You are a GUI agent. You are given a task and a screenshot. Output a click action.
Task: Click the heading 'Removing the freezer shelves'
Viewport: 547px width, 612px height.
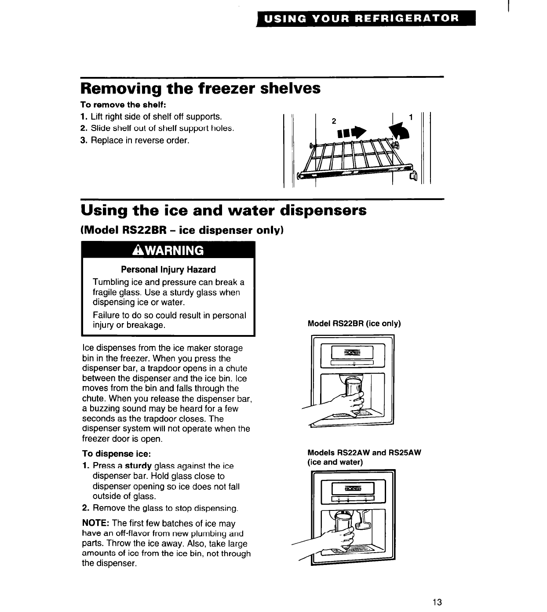[x=200, y=88]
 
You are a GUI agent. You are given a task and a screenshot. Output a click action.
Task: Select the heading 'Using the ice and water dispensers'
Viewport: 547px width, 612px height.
[x=223, y=210]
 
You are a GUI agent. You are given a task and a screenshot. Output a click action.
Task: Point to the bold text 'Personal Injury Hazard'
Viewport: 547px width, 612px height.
[x=168, y=270]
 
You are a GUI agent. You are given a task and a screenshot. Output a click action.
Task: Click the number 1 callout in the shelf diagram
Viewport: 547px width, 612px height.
[x=411, y=117]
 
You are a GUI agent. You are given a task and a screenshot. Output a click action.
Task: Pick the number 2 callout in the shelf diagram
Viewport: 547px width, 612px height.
[x=334, y=120]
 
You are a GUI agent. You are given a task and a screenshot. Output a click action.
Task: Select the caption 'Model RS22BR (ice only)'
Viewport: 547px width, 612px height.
[x=354, y=324]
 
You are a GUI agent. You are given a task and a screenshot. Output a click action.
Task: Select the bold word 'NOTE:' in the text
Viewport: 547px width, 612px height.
[x=96, y=524]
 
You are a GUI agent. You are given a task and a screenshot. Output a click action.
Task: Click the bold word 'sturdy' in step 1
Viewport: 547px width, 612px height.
[x=139, y=466]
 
